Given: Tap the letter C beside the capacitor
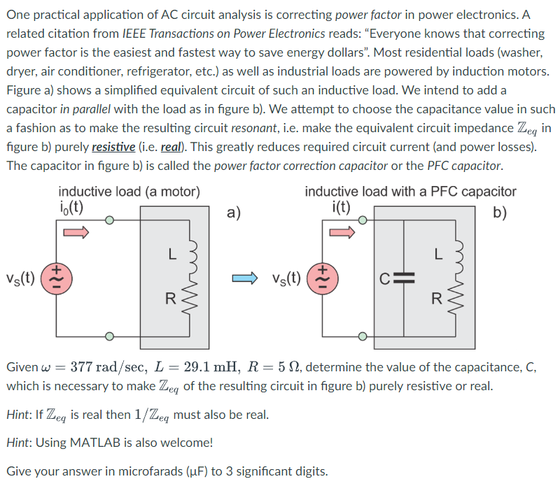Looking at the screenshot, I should (386, 278).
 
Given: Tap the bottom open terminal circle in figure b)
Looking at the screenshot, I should (363, 336).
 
